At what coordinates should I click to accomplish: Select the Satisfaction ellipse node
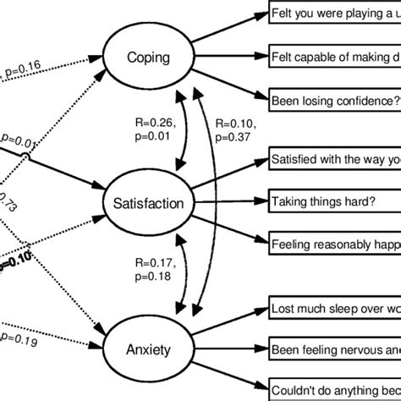pos(148,202)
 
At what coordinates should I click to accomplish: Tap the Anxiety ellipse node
pos(148,348)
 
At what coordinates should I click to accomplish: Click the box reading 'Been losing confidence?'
pos(334,99)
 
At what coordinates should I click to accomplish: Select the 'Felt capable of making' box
pos(334,57)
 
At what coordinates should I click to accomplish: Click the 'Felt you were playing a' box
pos(334,14)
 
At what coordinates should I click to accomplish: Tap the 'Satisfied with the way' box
pos(334,160)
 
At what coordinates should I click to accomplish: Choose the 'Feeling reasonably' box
pos(334,245)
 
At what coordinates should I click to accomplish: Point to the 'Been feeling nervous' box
pos(334,348)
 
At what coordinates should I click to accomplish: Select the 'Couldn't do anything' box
pos(334,390)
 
